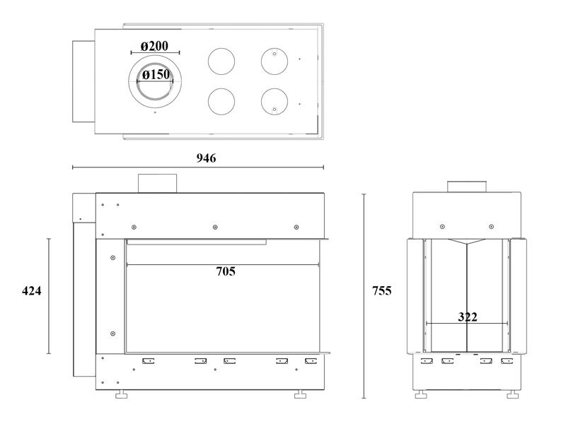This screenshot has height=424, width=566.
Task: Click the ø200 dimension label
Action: coord(154,46)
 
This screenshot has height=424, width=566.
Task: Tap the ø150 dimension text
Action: coord(156,75)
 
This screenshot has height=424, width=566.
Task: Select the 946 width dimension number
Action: coord(206,158)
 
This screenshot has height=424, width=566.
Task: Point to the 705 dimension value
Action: coord(226,271)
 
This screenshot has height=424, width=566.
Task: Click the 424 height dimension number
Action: coord(32,290)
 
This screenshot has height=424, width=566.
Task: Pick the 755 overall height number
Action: coord(382,290)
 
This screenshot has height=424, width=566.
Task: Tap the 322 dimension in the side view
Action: coord(468,317)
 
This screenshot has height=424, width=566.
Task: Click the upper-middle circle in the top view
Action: coord(221,61)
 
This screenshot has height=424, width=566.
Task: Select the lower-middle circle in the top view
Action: coord(221,102)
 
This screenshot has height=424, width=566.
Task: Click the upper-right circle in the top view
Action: coord(275,61)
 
